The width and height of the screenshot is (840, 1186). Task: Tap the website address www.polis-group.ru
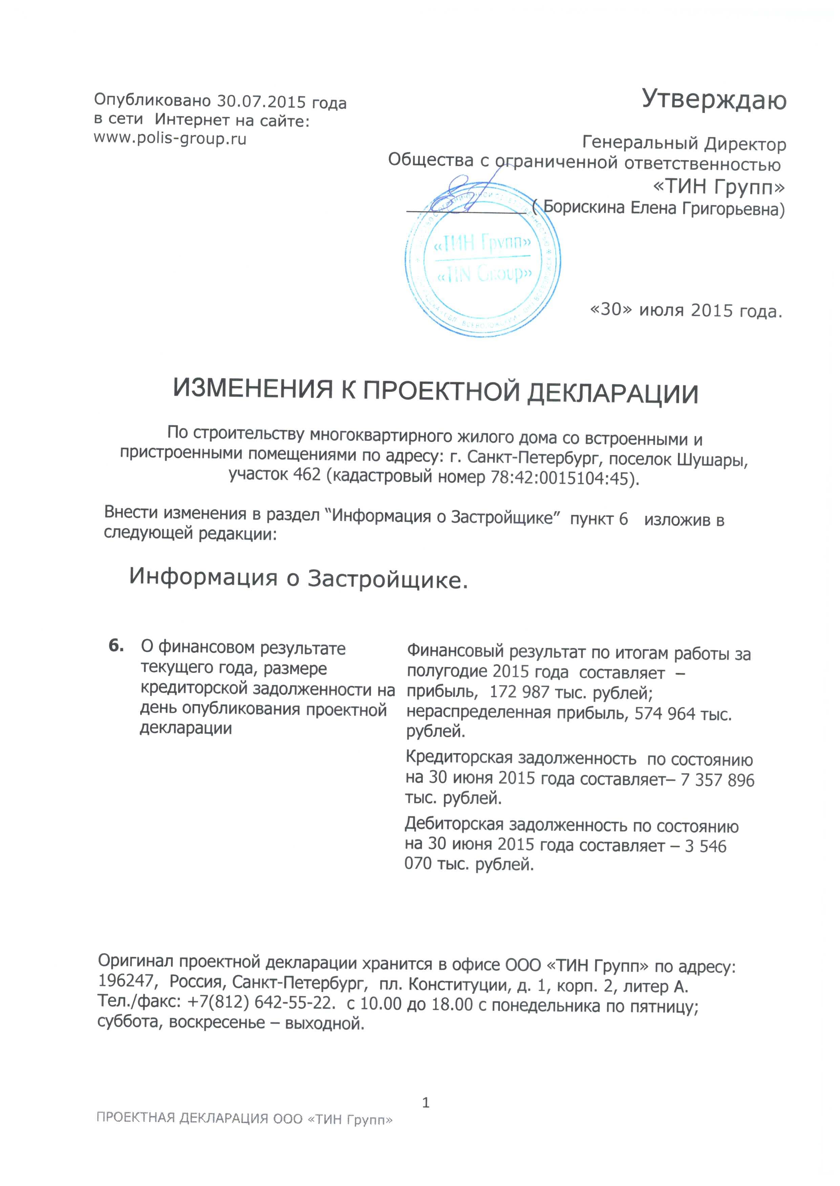[x=170, y=138]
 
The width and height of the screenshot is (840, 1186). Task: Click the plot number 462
[x=307, y=474]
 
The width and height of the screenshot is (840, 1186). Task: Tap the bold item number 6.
[x=116, y=646]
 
